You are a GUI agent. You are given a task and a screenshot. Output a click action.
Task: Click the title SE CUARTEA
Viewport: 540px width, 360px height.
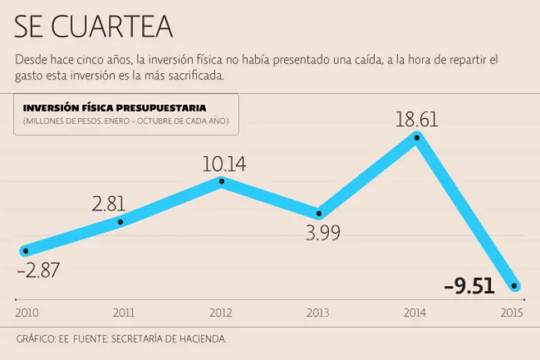(93, 27)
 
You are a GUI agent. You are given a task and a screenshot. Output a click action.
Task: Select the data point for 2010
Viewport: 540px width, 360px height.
(25, 250)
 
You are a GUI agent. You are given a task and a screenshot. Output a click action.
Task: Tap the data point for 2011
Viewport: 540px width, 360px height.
(121, 222)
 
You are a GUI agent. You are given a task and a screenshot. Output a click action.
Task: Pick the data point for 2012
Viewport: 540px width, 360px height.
(221, 181)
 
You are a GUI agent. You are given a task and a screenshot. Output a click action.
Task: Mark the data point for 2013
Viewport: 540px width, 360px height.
(319, 213)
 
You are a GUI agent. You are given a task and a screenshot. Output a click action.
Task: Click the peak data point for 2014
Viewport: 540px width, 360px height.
(417, 137)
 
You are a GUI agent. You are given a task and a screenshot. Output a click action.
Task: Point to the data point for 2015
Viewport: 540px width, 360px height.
(515, 286)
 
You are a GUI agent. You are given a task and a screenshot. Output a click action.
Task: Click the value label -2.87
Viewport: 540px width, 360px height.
(38, 270)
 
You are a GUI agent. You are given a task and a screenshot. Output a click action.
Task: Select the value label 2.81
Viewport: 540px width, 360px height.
(109, 204)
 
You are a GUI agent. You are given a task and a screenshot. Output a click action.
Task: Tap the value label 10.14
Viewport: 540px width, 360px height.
(224, 164)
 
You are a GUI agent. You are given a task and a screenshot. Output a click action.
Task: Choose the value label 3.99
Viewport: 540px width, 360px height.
(323, 233)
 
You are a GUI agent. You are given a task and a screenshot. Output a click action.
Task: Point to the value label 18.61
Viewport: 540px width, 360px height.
(416, 119)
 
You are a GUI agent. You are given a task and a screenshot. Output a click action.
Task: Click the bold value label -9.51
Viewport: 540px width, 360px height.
(470, 286)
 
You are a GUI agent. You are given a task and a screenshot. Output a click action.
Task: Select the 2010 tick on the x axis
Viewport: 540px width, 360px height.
(26, 313)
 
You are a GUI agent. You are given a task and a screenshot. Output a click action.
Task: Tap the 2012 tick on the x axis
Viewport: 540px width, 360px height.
(221, 313)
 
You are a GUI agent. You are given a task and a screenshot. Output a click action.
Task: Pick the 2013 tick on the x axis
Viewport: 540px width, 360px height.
(319, 313)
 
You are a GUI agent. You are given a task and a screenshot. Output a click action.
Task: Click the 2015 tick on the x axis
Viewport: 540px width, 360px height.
(513, 313)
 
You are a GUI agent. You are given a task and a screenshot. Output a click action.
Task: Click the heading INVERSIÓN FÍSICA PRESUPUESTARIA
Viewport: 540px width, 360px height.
(115, 108)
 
